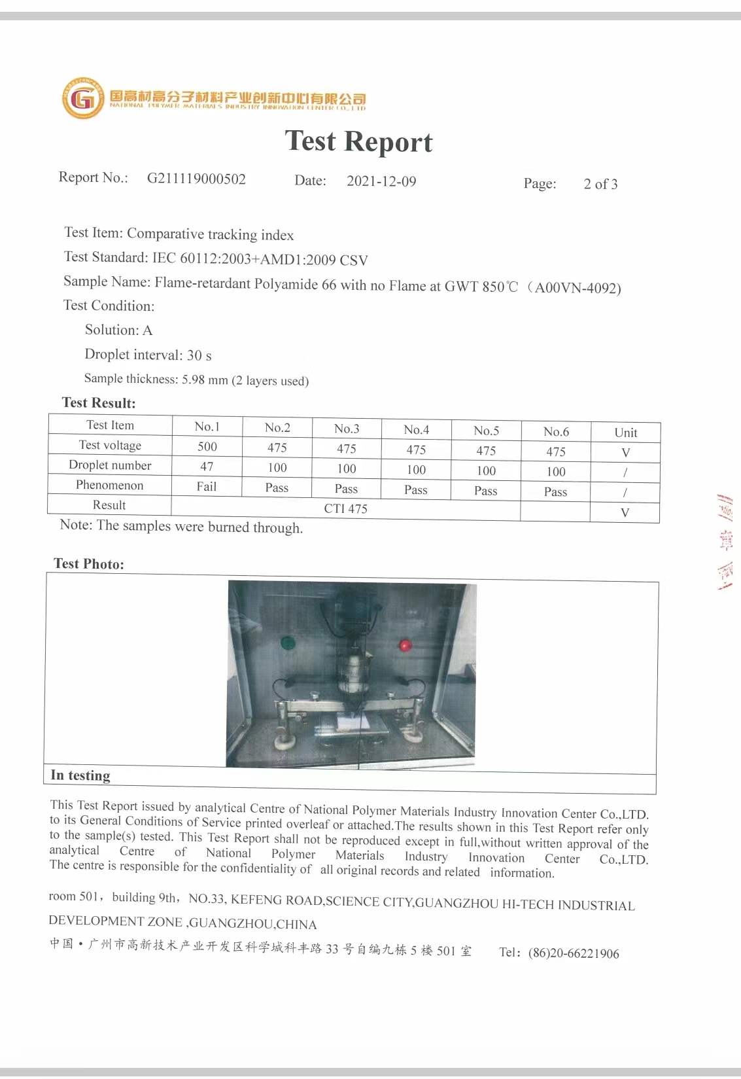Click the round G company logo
(x=83, y=99)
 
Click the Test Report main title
(x=358, y=141)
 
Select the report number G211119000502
(x=196, y=179)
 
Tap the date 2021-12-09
(x=381, y=181)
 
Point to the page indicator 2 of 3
(x=600, y=184)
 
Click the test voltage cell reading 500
(x=207, y=446)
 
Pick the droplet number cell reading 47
(x=207, y=467)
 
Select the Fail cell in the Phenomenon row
(x=207, y=486)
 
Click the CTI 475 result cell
(x=345, y=508)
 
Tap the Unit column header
(x=625, y=433)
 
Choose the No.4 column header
(x=416, y=430)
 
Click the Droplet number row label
(x=110, y=465)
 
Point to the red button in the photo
(x=405, y=646)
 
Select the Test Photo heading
(x=89, y=564)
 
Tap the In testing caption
(x=80, y=775)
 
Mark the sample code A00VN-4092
(x=577, y=288)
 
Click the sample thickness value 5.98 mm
(x=205, y=380)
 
